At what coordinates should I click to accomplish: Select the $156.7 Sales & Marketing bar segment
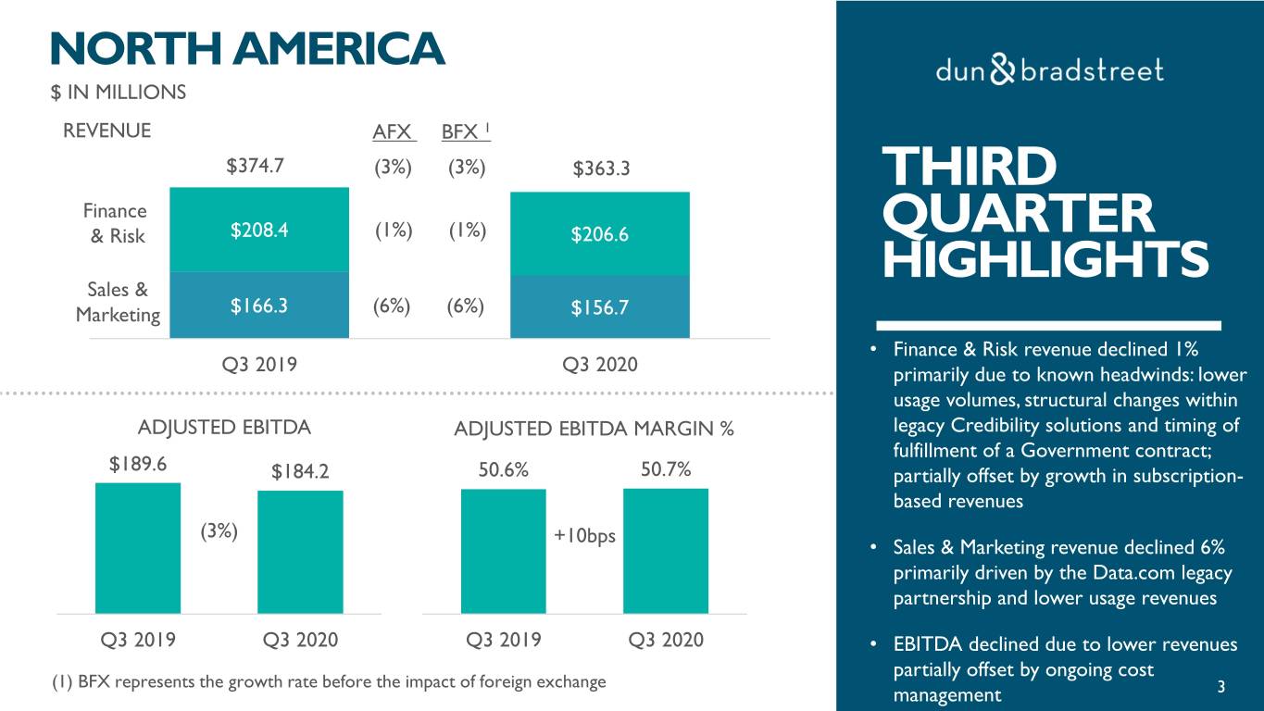tap(600, 307)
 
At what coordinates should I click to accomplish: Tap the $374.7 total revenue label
tap(256, 167)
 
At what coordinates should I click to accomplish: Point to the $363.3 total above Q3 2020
tap(601, 169)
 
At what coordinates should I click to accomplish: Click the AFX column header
tap(393, 132)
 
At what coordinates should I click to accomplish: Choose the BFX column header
tap(462, 132)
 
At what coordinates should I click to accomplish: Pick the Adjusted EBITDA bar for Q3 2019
tap(138, 548)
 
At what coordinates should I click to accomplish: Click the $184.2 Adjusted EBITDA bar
tap(300, 552)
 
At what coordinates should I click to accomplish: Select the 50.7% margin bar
tap(665, 551)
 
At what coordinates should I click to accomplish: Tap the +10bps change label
tap(584, 536)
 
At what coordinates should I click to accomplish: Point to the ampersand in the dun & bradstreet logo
tap(1003, 70)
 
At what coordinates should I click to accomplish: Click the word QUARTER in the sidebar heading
tap(1019, 213)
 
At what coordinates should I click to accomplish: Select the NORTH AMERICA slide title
tap(247, 48)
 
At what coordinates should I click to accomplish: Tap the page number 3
tap(1221, 687)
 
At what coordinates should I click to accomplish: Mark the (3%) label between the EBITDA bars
tap(219, 531)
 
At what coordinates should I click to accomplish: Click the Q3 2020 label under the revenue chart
tap(600, 364)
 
